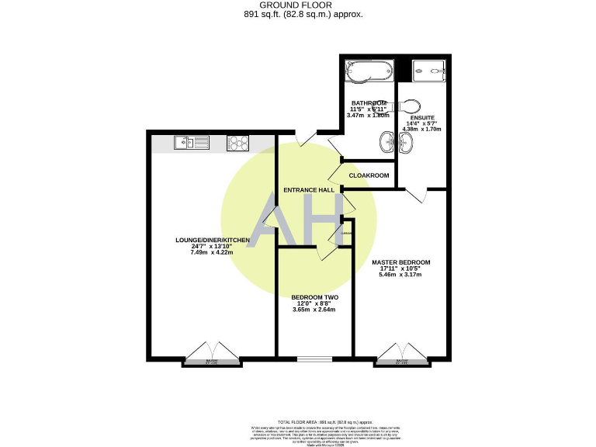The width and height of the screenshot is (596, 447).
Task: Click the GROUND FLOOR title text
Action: [298, 5]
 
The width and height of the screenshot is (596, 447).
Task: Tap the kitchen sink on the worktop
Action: [190, 142]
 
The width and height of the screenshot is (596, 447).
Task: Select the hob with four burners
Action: [236, 142]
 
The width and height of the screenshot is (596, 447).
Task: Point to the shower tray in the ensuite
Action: [428, 69]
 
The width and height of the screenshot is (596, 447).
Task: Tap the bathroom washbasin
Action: [387, 142]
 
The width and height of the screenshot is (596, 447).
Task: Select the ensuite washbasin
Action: [407, 142]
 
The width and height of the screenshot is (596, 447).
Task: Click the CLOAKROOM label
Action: [369, 175]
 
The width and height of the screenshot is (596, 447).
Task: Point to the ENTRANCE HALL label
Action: [309, 190]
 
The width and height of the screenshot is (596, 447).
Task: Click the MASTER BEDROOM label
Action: [400, 262]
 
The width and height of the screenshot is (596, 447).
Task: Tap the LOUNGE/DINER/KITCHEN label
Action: [212, 241]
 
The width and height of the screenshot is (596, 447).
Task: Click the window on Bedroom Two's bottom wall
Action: [314, 359]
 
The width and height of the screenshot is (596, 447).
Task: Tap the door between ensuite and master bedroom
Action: [419, 195]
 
